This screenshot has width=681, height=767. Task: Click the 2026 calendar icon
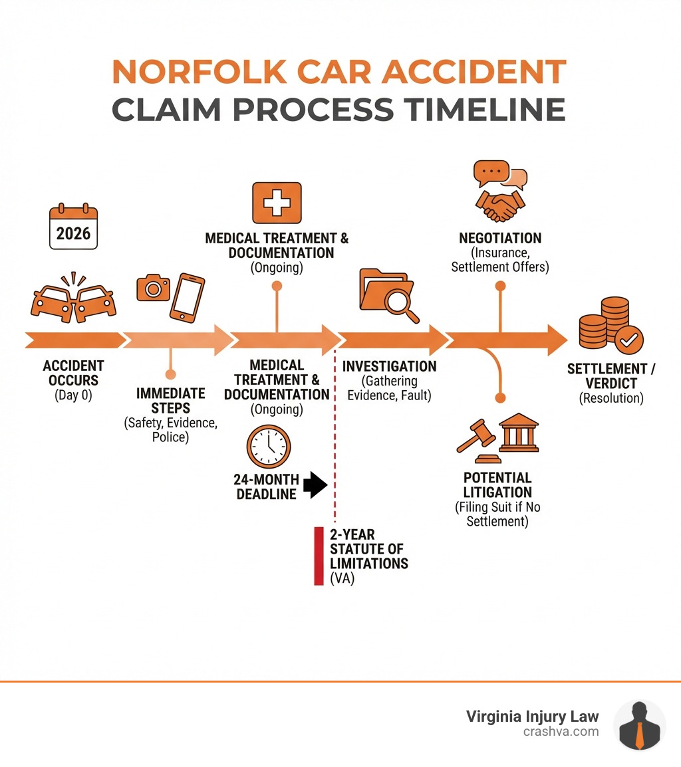(73, 228)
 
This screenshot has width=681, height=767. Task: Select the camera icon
(154, 288)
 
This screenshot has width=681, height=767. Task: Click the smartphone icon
(188, 298)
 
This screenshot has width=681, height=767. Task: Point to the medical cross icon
(277, 202)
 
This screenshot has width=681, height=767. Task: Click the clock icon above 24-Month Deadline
(269, 447)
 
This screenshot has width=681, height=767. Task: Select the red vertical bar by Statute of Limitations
(319, 556)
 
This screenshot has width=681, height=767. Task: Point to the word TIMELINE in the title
(484, 109)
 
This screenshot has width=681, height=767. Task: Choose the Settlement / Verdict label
(611, 376)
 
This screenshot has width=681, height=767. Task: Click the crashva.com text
(561, 731)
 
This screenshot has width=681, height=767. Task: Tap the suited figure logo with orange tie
(639, 725)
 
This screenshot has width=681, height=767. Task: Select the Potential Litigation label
(497, 485)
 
